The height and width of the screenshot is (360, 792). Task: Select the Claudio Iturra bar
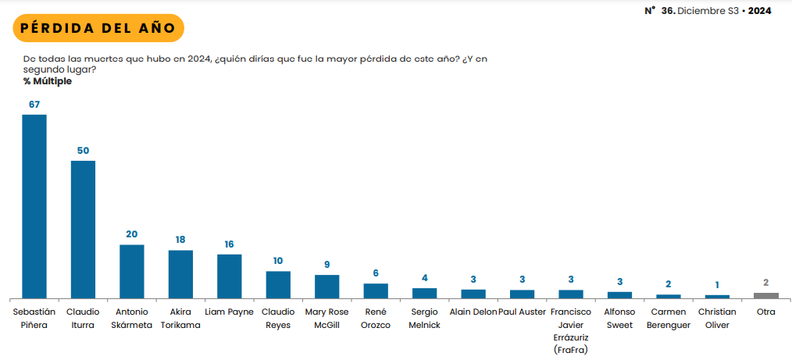pyautogui.click(x=83, y=229)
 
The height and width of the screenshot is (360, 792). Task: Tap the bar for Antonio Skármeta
pyautogui.click(x=132, y=271)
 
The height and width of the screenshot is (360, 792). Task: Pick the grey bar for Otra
pyautogui.click(x=765, y=295)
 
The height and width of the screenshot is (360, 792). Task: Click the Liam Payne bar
pyautogui.click(x=229, y=276)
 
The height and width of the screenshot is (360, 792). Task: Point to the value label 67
pyautogui.click(x=34, y=104)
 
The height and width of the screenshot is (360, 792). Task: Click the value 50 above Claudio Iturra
pyautogui.click(x=83, y=150)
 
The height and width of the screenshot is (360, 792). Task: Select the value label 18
pyautogui.click(x=180, y=239)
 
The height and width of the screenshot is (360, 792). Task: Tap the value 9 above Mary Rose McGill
pyautogui.click(x=326, y=264)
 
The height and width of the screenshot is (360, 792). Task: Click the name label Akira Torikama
pyautogui.click(x=180, y=319)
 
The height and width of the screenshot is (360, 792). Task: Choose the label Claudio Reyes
pyautogui.click(x=278, y=319)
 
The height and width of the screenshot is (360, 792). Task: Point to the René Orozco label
pyautogui.click(x=376, y=319)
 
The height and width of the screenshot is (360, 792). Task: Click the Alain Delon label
pyautogui.click(x=473, y=312)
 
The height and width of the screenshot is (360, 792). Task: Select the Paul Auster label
pyautogui.click(x=522, y=312)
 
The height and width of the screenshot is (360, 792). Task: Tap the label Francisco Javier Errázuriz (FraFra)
pyautogui.click(x=570, y=331)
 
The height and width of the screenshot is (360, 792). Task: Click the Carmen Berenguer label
pyautogui.click(x=668, y=319)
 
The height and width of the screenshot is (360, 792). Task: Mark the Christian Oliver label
pyautogui.click(x=716, y=319)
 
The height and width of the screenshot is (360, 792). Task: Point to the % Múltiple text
pyautogui.click(x=48, y=81)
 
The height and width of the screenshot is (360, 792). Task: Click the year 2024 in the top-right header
pyautogui.click(x=759, y=11)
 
